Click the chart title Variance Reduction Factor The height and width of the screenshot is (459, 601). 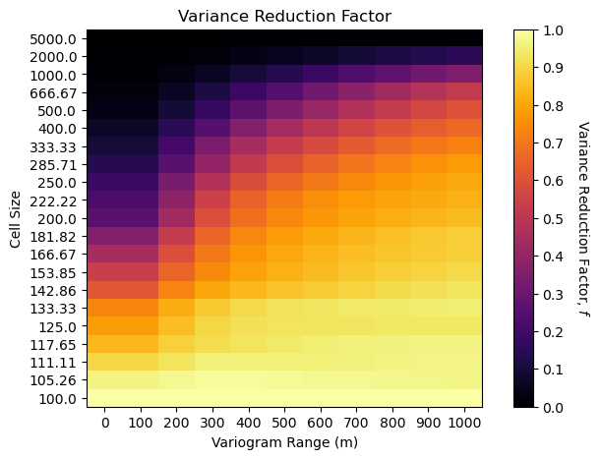click(284, 16)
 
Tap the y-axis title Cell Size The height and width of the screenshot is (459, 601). click(16, 218)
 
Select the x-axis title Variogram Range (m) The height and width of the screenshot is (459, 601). click(284, 442)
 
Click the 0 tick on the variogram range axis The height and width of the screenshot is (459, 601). click(104, 421)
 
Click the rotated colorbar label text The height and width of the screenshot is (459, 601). click(581, 218)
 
